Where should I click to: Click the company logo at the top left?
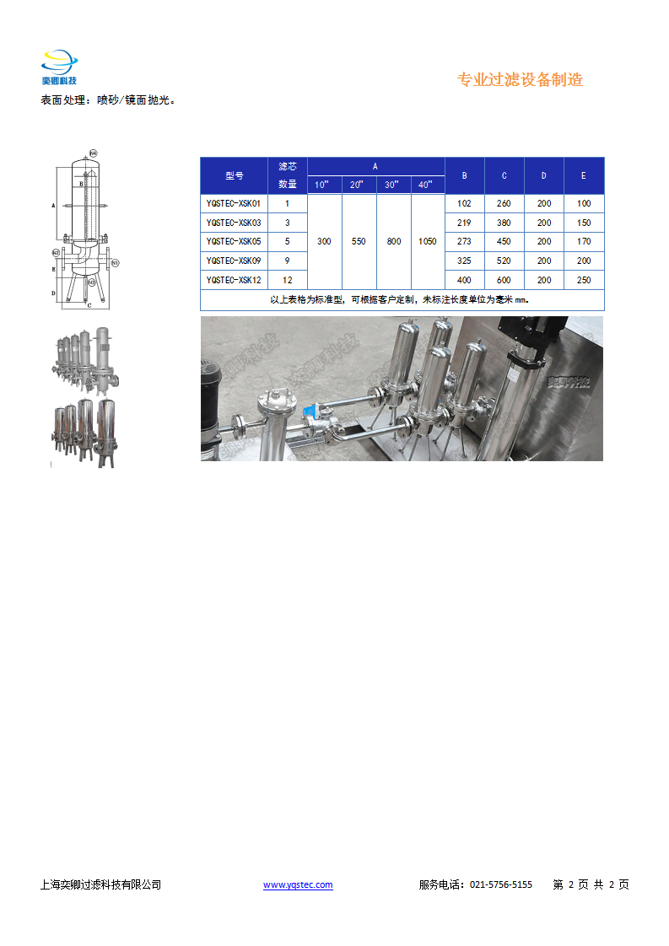point(59,68)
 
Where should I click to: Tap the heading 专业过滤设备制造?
point(520,80)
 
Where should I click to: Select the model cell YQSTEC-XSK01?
point(234,203)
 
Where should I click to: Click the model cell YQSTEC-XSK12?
point(234,280)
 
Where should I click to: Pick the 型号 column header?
point(234,175)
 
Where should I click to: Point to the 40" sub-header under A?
point(427,185)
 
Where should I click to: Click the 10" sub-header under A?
point(324,185)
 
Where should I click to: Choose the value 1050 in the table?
point(427,242)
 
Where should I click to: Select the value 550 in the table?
point(359,242)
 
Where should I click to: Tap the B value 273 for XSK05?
point(463,242)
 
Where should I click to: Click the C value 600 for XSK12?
point(504,280)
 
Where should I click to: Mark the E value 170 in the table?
point(584,242)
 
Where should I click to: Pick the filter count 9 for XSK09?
point(288,261)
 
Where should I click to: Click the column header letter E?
point(584,175)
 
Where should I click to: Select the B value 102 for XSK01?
point(463,203)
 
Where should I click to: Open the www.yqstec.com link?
point(298,884)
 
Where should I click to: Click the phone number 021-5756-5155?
point(500,884)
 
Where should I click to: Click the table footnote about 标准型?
point(402,299)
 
